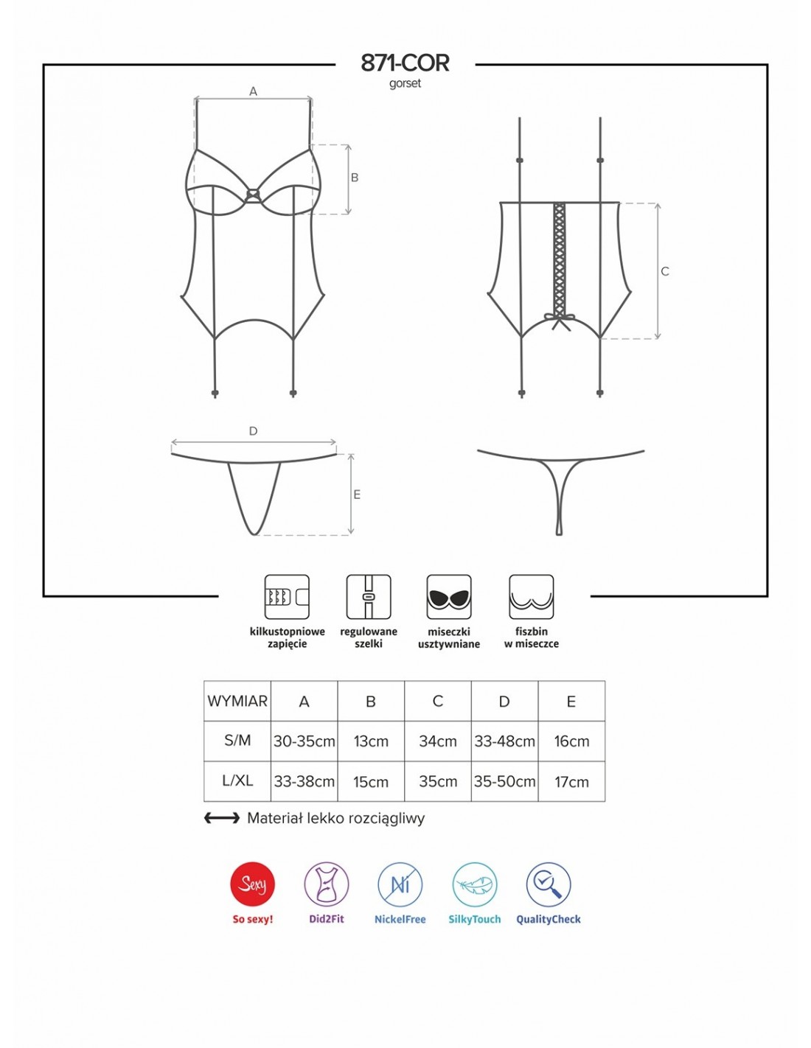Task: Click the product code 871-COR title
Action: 404,63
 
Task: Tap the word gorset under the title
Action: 405,83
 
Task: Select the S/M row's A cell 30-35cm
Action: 304,741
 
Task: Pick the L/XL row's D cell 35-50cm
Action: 504,780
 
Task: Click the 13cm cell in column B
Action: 371,741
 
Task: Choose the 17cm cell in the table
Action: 571,781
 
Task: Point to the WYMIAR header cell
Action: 237,701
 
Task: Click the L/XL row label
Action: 237,780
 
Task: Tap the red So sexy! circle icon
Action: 252,884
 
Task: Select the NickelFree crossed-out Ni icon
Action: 400,884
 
